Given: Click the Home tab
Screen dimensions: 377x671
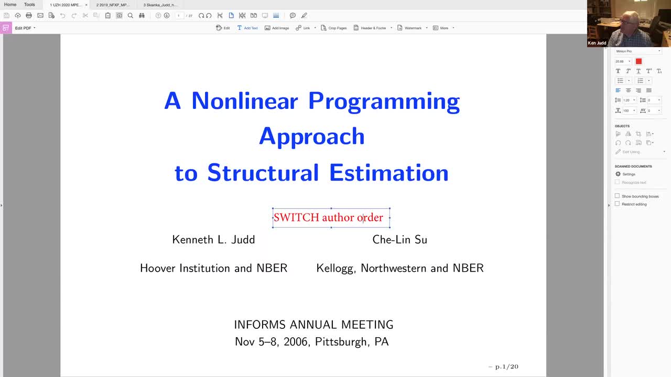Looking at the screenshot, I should point(10,5).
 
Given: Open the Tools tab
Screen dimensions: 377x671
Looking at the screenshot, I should point(29,5).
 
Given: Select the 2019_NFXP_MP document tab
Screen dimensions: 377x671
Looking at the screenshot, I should point(113,5).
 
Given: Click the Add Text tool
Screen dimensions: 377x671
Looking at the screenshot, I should point(247,28).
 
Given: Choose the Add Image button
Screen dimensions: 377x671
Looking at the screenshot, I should point(277,28).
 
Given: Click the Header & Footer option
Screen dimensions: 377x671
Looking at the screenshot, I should point(373,28).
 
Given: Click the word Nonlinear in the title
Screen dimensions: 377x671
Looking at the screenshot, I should point(245,101).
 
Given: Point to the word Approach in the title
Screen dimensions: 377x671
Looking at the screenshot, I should point(311,136).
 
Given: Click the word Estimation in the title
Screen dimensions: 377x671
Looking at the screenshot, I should point(388,173).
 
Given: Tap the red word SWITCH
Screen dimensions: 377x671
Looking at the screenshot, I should point(296,217).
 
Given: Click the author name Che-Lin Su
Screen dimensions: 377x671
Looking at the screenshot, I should point(399,240).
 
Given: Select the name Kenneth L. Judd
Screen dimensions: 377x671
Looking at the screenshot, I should point(213,240).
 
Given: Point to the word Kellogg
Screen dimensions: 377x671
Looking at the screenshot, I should point(336,268).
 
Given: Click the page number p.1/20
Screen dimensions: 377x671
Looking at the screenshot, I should point(506,367).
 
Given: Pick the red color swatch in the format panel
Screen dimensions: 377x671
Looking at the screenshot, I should point(638,61).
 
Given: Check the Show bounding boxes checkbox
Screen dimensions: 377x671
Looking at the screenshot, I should point(617,196).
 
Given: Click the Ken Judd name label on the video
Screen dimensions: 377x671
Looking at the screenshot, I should point(597,43).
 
